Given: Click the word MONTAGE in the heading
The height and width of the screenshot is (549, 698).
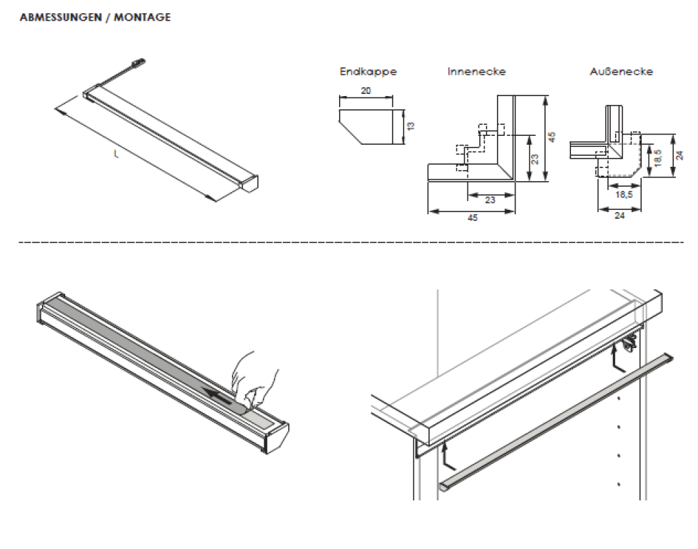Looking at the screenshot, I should [x=143, y=18].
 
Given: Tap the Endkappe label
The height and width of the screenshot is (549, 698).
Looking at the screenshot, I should [x=368, y=71].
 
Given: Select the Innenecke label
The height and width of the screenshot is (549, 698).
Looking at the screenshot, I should [x=476, y=71].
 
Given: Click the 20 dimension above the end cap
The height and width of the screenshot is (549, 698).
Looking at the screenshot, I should [x=367, y=90].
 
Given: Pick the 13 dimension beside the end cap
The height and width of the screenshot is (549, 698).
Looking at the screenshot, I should [x=410, y=126].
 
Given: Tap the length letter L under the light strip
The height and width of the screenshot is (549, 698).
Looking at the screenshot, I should [x=116, y=156].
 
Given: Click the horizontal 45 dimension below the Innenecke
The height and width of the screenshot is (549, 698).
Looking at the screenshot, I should [x=472, y=218].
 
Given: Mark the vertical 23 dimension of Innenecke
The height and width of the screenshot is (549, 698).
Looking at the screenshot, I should [x=535, y=158].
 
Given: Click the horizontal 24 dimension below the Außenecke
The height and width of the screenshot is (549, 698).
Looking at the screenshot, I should [x=620, y=215].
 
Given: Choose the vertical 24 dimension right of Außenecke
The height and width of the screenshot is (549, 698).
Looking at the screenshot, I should [x=679, y=156].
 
